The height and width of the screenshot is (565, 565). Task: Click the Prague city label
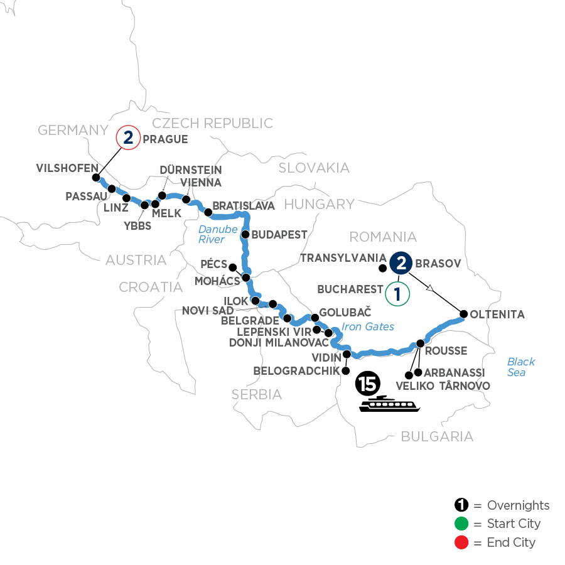point(165,139)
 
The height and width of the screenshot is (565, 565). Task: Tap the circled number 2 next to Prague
point(128,138)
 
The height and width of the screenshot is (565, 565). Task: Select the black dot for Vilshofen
point(97,178)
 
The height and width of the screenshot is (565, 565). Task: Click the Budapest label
point(280,235)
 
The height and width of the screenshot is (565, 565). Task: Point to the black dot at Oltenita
point(464,313)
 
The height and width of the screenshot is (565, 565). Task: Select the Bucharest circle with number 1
point(397,293)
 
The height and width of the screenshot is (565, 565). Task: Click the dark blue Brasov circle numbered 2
point(401,262)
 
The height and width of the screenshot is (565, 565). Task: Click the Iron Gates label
point(368,326)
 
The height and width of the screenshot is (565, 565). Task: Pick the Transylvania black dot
point(382,268)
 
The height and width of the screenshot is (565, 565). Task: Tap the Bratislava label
point(244,205)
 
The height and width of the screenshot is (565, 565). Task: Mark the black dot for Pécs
point(232,267)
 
